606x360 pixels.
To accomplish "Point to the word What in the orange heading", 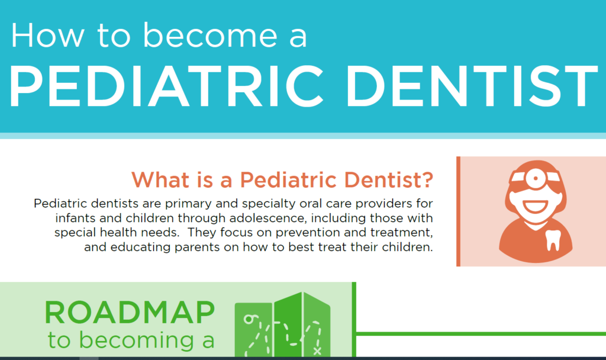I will pyautogui.click(x=156, y=178).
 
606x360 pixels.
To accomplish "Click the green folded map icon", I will pyautogui.click(x=282, y=329).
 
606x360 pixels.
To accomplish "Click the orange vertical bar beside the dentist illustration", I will pyautogui.click(x=458, y=211).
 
